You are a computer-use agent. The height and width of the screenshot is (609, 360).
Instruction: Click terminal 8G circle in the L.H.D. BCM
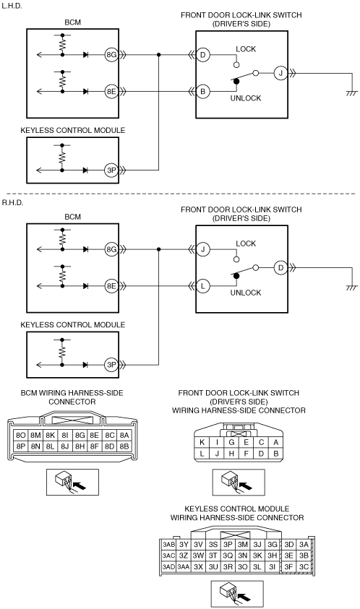click(x=111, y=55)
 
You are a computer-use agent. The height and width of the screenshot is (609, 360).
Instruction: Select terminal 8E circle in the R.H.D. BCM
click(x=111, y=286)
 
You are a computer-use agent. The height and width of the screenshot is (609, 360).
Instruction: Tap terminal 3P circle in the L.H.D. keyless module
click(x=111, y=170)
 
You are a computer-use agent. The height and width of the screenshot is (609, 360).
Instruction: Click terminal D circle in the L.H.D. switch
click(x=202, y=55)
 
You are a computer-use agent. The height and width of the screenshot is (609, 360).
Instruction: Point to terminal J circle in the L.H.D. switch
click(x=280, y=73)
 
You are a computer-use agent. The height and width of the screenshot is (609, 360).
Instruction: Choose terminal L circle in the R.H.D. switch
click(x=202, y=286)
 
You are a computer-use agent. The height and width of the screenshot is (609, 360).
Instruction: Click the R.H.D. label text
click(x=12, y=203)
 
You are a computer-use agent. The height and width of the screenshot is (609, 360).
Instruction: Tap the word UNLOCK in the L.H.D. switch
click(x=246, y=98)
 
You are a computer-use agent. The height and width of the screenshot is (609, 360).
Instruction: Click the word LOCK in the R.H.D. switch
click(x=246, y=243)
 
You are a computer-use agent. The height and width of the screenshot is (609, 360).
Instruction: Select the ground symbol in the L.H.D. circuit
click(x=352, y=93)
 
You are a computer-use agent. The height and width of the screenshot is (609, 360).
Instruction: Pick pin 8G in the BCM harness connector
click(x=80, y=436)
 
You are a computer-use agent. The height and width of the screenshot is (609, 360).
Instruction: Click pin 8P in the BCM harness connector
click(x=21, y=446)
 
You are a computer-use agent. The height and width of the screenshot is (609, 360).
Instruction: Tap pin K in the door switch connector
click(x=202, y=442)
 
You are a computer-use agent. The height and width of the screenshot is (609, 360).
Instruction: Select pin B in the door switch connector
click(x=275, y=453)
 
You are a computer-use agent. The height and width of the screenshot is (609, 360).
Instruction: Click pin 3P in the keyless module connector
click(x=228, y=545)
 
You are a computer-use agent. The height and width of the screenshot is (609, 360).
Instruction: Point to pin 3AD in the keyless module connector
click(x=168, y=567)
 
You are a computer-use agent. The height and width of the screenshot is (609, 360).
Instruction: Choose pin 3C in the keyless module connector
click(x=304, y=567)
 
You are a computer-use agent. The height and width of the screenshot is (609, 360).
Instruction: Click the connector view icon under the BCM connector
click(x=72, y=482)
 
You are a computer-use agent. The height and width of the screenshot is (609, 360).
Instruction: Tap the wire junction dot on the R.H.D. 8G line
click(x=158, y=249)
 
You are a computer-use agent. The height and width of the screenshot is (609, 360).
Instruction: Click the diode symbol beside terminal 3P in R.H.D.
click(x=85, y=365)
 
